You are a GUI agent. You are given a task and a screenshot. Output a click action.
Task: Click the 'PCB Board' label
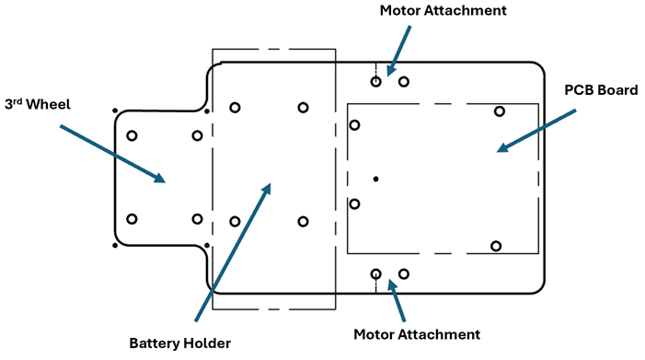(x=601, y=90)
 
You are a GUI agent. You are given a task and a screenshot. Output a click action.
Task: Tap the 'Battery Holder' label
(x=179, y=343)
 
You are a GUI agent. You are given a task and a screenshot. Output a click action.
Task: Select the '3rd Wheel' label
(x=38, y=104)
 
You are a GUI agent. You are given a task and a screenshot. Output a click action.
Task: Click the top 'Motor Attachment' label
(x=443, y=10)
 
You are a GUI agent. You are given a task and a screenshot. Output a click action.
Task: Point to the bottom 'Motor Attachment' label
(x=417, y=334)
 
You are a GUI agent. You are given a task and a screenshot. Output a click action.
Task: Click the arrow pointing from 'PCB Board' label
(x=536, y=131)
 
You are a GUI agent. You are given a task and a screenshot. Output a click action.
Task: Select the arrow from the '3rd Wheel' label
(x=112, y=154)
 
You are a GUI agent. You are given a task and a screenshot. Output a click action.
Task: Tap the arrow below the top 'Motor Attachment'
(x=398, y=51)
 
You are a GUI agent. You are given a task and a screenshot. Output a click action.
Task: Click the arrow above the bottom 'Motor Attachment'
(x=397, y=300)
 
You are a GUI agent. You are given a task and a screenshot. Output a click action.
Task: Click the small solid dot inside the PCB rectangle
(x=375, y=179)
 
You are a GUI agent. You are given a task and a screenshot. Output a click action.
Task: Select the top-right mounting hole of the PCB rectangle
(x=500, y=111)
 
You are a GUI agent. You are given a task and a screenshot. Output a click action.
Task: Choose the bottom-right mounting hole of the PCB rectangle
(x=496, y=246)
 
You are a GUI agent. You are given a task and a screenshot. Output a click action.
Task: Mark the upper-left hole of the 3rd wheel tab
(x=132, y=135)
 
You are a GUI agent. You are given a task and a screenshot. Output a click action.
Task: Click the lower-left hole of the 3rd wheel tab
(x=132, y=219)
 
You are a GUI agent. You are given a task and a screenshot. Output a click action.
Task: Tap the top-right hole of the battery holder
(x=303, y=108)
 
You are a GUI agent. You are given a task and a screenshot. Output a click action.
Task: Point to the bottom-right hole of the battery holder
(x=303, y=222)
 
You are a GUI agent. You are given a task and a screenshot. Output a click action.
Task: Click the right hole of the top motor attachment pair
(x=404, y=82)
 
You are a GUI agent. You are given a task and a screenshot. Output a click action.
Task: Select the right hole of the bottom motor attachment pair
(x=404, y=274)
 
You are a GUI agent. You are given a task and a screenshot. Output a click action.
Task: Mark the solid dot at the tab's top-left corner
(x=115, y=110)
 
